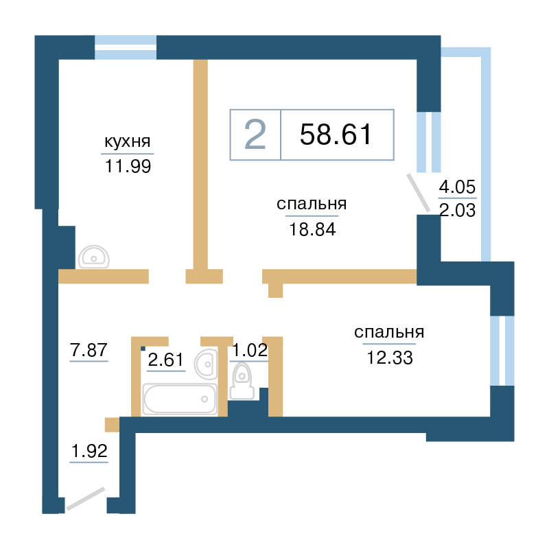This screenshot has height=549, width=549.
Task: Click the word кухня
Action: tap(128, 142)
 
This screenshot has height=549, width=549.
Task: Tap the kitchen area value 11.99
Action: tap(128, 166)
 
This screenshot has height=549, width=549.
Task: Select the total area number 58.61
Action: tap(336, 135)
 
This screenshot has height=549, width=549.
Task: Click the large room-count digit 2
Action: tap(255, 135)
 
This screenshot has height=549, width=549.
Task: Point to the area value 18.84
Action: tap(312, 229)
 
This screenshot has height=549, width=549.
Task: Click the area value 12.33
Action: tap(390, 358)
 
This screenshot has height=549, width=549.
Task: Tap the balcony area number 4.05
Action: tap(457, 187)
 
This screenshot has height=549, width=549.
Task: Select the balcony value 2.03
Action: tap(457, 210)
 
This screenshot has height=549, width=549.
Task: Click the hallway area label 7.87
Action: tap(89, 350)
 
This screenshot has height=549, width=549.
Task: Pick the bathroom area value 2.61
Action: tap(165, 360)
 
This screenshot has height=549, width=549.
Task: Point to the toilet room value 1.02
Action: tap(250, 350)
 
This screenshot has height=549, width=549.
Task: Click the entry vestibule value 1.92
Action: tap(89, 451)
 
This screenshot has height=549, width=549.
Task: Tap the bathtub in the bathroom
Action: tap(180, 399)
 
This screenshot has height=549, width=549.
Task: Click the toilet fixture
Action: tap(242, 382)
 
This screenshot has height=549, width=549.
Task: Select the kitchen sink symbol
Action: tap(94, 257)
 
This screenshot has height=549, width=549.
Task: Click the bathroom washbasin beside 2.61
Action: tap(207, 364)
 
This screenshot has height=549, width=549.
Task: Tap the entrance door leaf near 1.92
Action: tap(86, 499)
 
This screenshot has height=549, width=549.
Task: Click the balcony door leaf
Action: tap(418, 193)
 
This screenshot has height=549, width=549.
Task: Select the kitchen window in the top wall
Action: tap(126, 47)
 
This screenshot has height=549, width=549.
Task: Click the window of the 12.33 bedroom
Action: tap(502, 351)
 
